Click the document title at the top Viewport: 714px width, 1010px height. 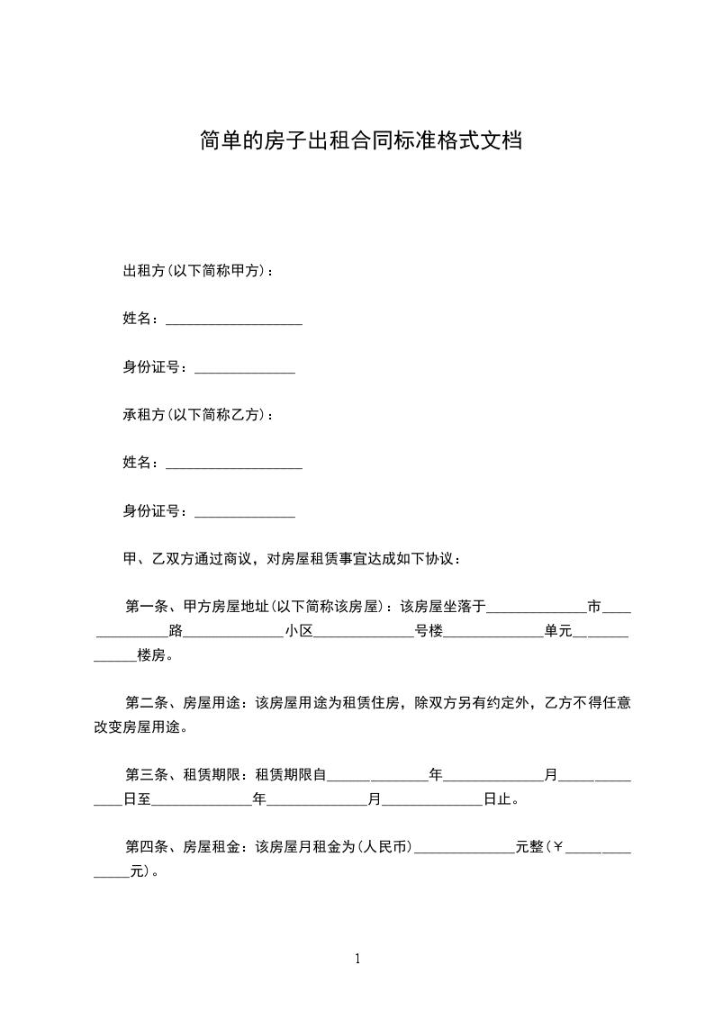360,141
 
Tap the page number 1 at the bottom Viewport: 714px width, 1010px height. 357,959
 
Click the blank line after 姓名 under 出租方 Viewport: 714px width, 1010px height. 234,321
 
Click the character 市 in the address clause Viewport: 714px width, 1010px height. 594,606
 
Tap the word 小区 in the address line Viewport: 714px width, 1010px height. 299,631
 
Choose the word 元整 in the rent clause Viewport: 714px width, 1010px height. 529,847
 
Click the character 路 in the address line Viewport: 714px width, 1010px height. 176,631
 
